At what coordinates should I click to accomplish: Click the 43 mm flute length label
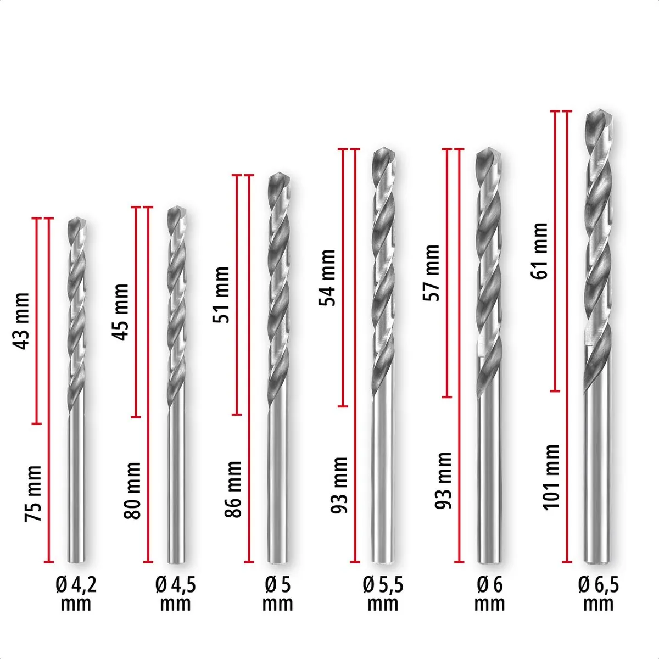[x=21, y=321]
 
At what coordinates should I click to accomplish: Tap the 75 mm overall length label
[x=33, y=494]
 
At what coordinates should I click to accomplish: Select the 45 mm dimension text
[x=120, y=312]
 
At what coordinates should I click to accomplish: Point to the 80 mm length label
[x=132, y=491]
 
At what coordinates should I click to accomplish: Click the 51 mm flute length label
[x=221, y=295]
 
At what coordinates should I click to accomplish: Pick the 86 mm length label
[x=233, y=489]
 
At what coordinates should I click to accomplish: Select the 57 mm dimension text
[x=431, y=273]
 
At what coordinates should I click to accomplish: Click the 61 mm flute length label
[x=539, y=251]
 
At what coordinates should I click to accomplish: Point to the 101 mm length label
[x=551, y=477]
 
